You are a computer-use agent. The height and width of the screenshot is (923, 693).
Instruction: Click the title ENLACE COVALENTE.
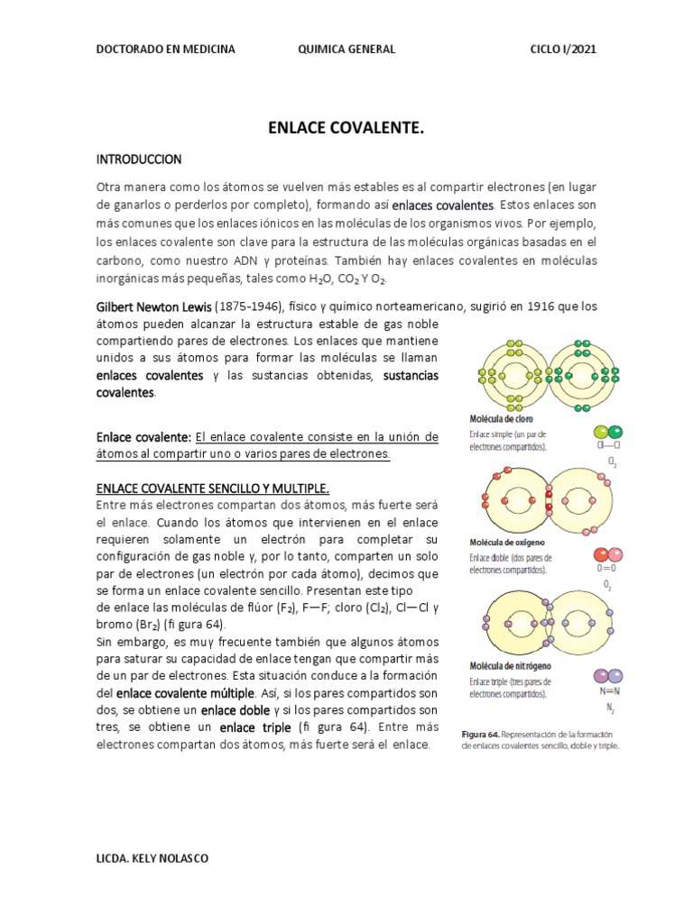coord(346,129)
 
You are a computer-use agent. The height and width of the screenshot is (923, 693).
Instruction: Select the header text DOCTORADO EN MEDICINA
coord(165,50)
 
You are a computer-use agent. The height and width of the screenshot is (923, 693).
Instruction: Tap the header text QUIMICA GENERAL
coord(346,50)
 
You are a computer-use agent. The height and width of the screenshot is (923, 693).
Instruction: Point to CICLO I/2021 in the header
coord(562,50)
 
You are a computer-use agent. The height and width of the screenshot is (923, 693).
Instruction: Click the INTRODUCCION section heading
coord(139,160)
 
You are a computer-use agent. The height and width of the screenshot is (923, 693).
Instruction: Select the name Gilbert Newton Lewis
coord(153,306)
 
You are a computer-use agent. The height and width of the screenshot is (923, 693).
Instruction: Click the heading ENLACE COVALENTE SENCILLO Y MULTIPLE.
coord(213,487)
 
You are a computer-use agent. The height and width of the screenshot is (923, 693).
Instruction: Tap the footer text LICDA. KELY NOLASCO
coord(152,859)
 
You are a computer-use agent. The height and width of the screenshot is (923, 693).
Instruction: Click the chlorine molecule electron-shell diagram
coord(537,372)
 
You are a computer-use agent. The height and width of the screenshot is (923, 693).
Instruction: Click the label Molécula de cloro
coord(503,419)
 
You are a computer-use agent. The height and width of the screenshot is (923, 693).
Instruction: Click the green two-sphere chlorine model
coord(608,432)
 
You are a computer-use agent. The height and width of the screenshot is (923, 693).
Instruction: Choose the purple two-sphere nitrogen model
coord(606,676)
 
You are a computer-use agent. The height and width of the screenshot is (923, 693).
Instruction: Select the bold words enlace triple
coord(255,727)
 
